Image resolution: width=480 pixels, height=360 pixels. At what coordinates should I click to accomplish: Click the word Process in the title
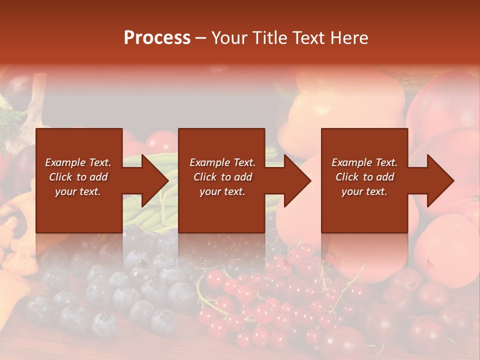point(157,38)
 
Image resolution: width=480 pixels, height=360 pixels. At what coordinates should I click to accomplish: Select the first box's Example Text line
point(78,162)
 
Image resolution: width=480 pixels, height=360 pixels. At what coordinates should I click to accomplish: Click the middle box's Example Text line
point(222,162)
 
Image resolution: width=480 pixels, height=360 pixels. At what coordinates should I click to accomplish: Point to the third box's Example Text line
point(364,162)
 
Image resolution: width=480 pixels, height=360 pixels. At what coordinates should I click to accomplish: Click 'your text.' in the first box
point(78,191)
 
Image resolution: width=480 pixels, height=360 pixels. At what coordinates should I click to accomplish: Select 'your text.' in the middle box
point(222,191)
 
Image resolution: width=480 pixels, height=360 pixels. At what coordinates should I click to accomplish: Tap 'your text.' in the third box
point(364,191)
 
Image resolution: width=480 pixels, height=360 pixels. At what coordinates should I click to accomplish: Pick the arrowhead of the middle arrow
point(298,180)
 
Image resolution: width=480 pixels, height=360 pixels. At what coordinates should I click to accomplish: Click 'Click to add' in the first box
point(78,177)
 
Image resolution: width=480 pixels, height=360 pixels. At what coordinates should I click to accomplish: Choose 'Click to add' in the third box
point(364,177)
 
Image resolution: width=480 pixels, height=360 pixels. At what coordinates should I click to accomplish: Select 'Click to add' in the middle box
point(222,177)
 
